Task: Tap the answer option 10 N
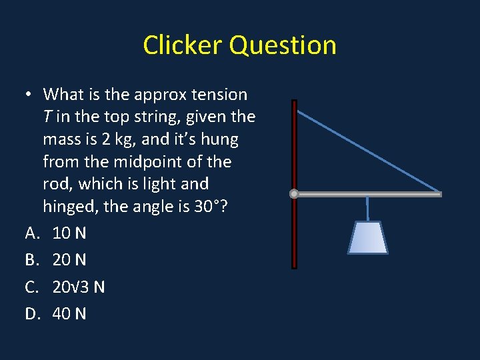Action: point(69,233)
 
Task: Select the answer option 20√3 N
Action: point(79,287)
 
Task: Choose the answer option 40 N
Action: point(69,314)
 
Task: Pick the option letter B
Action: point(31,260)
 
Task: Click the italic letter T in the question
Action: point(47,117)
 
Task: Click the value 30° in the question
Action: point(205,207)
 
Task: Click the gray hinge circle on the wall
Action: point(294,194)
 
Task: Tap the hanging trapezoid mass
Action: point(367,238)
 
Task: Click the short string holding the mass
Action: point(367,208)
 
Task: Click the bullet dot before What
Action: point(30,95)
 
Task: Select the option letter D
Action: point(31,314)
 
